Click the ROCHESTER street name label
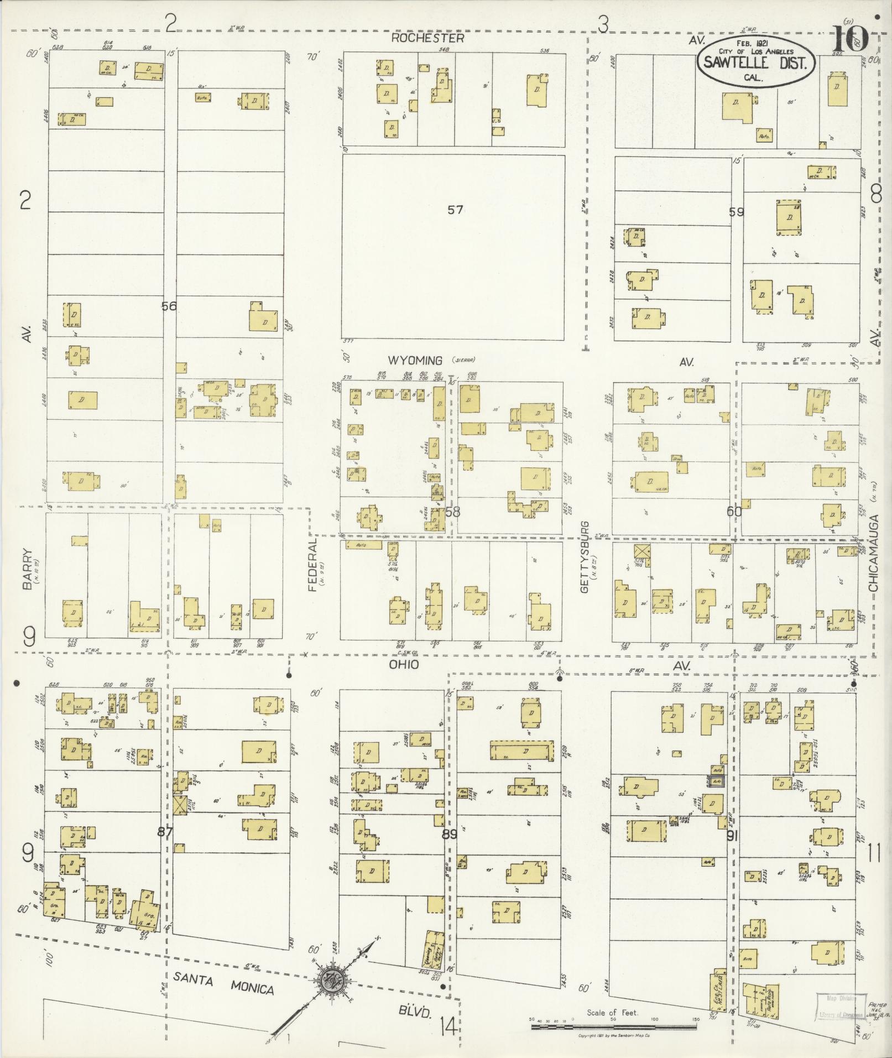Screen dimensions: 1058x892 pos(427,38)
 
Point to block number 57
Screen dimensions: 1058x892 pos(455,210)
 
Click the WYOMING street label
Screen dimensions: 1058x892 pos(415,361)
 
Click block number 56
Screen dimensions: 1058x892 pos(169,306)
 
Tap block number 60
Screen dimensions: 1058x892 pos(734,512)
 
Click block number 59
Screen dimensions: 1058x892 pos(736,212)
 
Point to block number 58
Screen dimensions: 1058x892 pos(452,512)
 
